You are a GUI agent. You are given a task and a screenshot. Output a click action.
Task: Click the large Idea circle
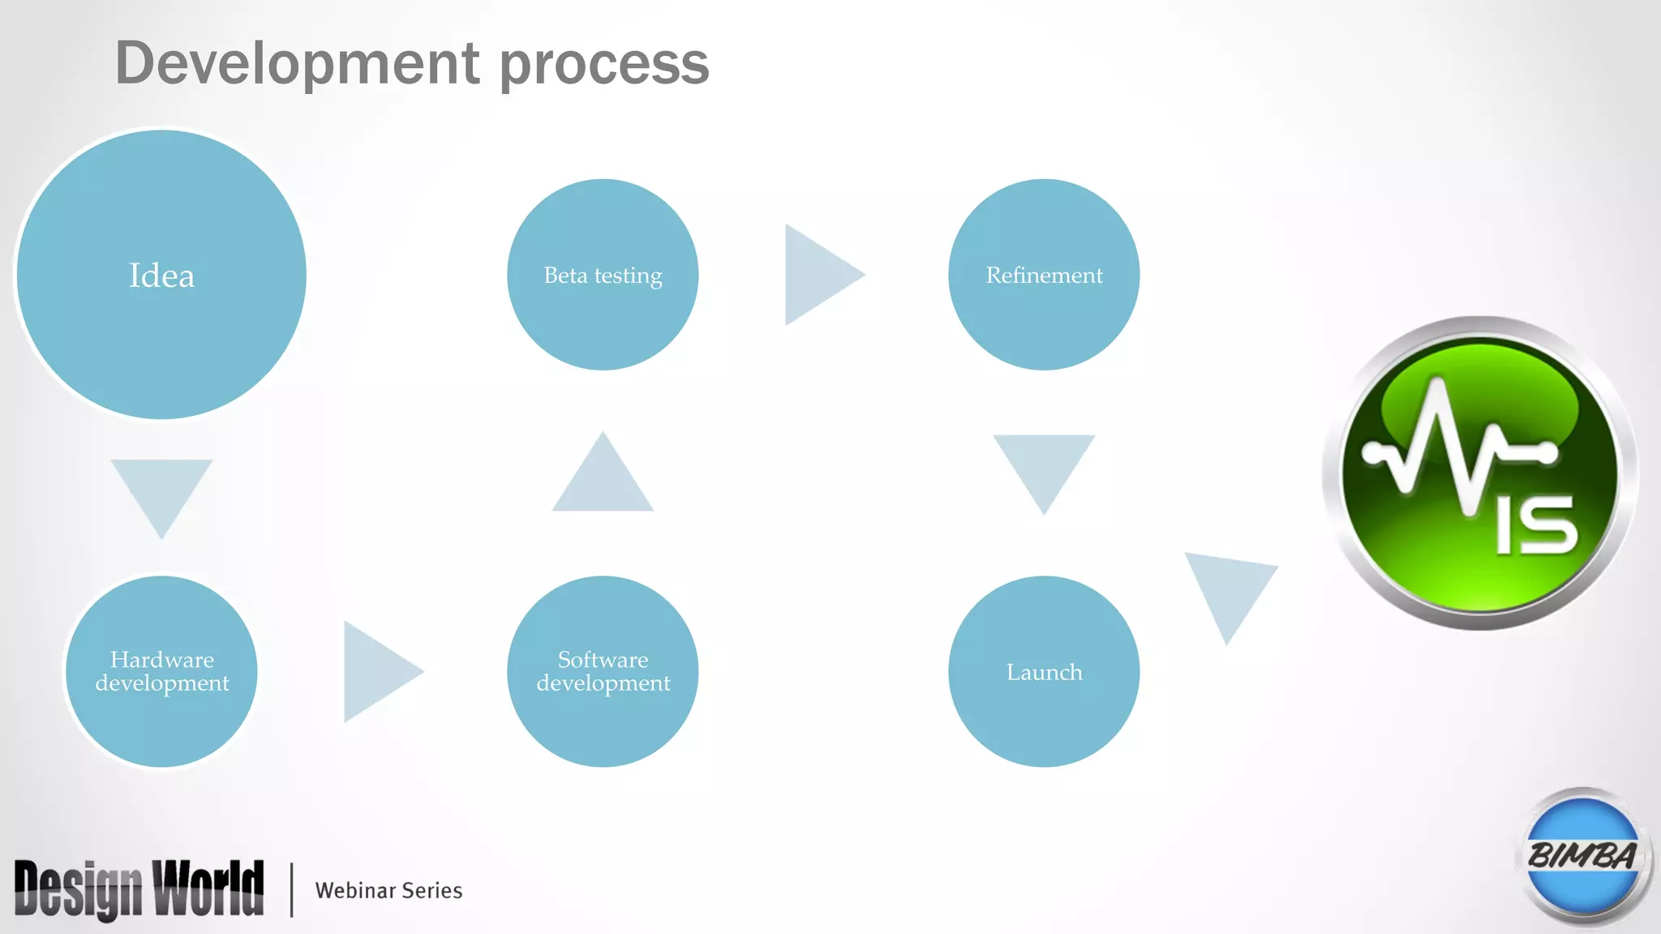tap(161, 275)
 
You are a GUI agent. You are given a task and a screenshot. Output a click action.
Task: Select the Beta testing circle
tap(603, 275)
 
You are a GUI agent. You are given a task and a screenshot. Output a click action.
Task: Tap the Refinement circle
tap(1044, 275)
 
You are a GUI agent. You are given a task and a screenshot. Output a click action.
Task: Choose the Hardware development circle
tap(161, 671)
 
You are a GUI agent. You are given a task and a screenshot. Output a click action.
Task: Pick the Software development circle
tap(603, 671)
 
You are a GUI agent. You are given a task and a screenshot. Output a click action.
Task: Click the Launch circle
tap(1044, 671)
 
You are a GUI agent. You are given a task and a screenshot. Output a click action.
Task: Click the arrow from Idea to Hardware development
tap(161, 491)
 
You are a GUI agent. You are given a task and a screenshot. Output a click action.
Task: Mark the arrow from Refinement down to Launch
tap(1044, 466)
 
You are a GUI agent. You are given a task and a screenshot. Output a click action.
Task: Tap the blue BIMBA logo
tap(1582, 856)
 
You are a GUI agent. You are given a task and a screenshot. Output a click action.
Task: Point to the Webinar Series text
tap(388, 890)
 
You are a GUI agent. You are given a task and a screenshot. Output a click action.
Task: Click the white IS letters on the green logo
tap(1537, 525)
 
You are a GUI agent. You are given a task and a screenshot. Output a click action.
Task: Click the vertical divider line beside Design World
tap(291, 889)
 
